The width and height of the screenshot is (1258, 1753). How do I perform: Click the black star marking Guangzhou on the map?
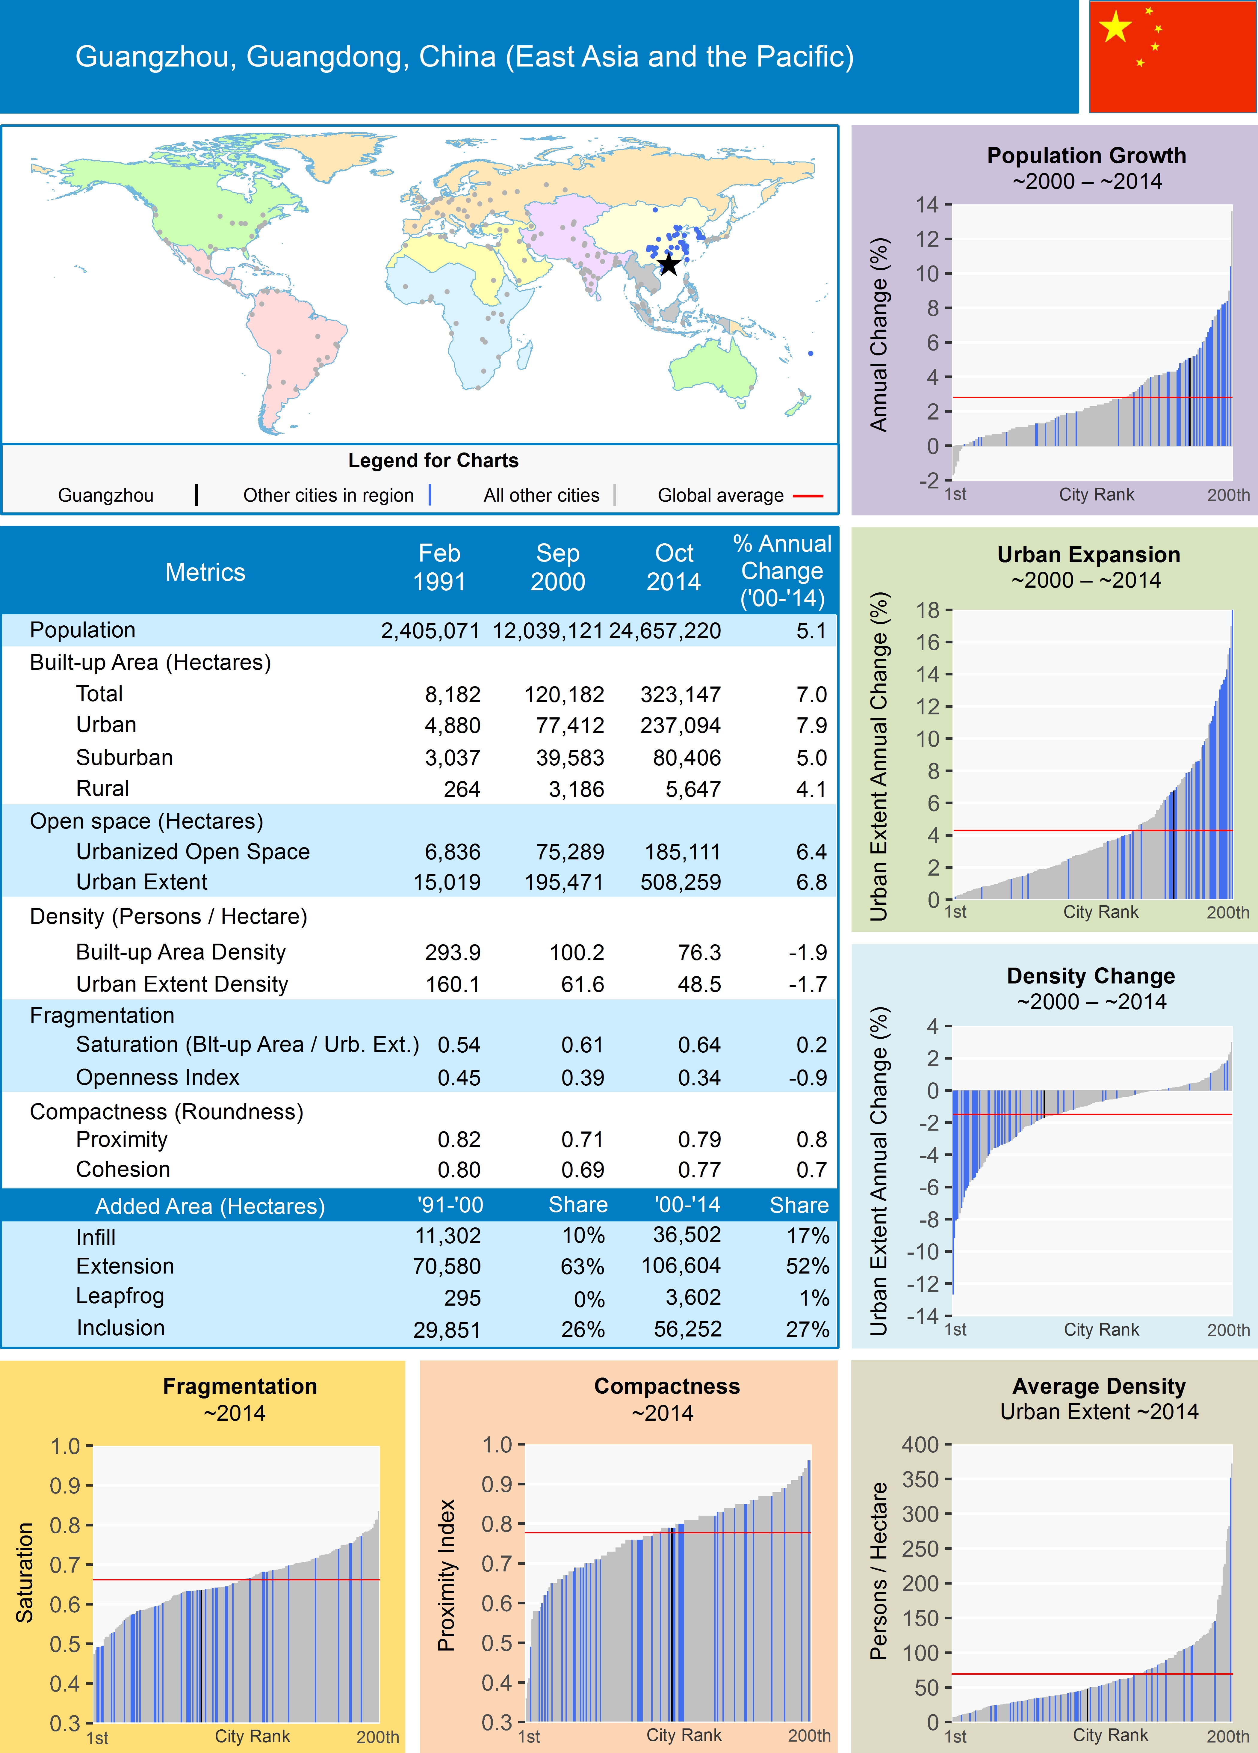pyautogui.click(x=669, y=265)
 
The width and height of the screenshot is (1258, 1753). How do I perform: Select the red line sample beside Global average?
pyautogui.click(x=808, y=495)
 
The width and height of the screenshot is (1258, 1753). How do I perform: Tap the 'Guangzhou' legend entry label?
pyautogui.click(x=106, y=495)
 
